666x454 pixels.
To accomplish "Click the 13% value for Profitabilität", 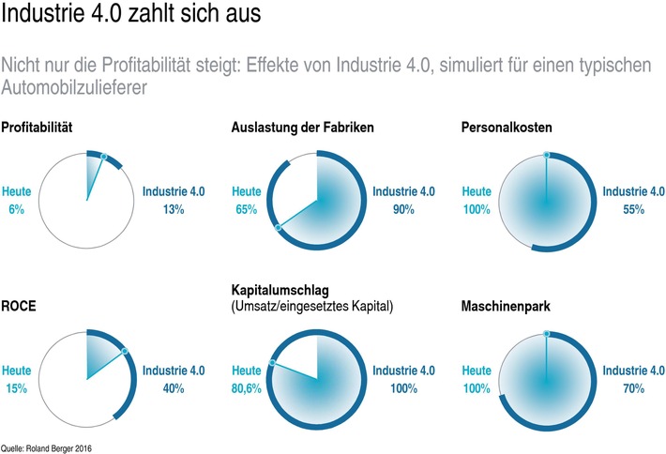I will [172, 209].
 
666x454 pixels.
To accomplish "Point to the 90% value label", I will [403, 209].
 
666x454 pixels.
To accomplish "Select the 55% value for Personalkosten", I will [631, 209].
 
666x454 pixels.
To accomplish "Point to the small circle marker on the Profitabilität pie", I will [103, 157].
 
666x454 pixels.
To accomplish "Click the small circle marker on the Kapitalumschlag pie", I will [272, 362].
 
